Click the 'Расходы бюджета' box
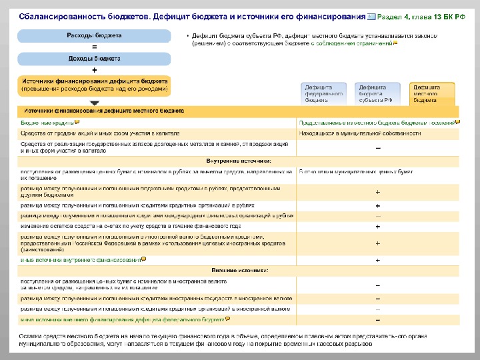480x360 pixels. pos(94,35)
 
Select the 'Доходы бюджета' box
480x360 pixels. pos(94,59)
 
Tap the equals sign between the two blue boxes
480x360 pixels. pos(94,47)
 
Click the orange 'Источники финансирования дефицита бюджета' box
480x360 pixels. pos(94,84)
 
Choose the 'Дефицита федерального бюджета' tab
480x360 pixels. pos(323,94)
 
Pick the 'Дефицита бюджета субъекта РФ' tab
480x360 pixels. pos(377,94)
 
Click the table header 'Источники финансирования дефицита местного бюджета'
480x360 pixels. pos(104,111)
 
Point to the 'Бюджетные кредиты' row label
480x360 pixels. pos(47,123)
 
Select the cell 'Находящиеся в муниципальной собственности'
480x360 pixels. pos(359,133)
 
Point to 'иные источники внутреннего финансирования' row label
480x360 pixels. pos(80,260)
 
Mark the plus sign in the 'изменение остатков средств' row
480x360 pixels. pos(378,227)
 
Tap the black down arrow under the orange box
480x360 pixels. pos(94,102)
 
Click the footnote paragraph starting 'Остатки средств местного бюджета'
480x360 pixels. pos(220,341)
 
